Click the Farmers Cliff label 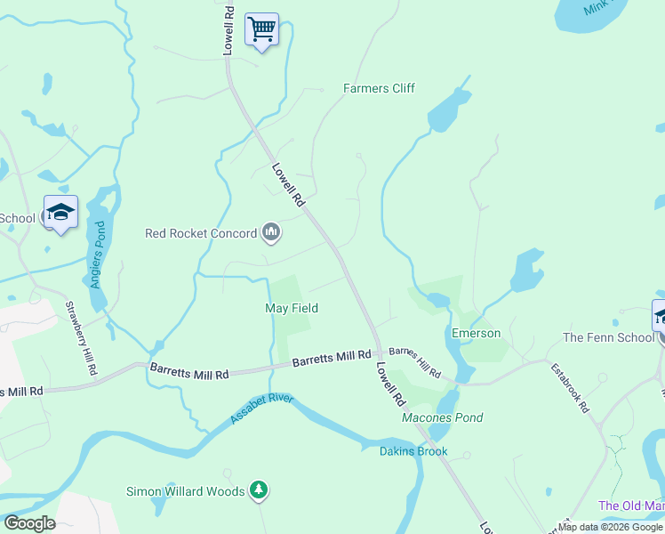(x=379, y=88)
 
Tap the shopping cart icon (x=261, y=30)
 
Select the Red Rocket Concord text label (x=201, y=234)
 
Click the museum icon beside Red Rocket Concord (x=271, y=234)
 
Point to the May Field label (x=292, y=308)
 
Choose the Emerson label (x=476, y=334)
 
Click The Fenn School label (x=608, y=337)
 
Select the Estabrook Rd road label (x=570, y=387)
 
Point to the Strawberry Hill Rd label (x=79, y=339)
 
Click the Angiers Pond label (x=100, y=263)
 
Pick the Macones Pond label (x=442, y=417)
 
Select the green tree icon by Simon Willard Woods (x=259, y=489)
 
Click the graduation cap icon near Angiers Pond (x=61, y=213)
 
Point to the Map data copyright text (x=610, y=527)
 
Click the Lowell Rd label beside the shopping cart (x=228, y=31)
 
